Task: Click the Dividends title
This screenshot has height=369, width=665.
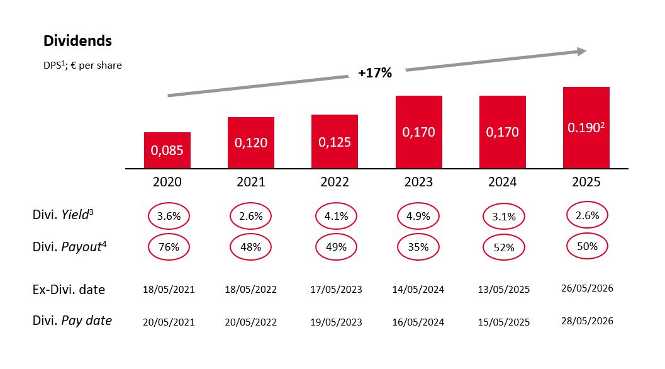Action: click(x=77, y=42)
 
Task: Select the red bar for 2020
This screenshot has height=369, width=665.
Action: click(x=167, y=150)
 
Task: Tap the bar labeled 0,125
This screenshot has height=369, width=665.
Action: click(x=335, y=142)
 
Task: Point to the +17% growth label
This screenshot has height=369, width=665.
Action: click(x=375, y=73)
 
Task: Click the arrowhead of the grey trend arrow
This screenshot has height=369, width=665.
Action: click(x=581, y=52)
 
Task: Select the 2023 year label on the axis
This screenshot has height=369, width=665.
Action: click(x=418, y=182)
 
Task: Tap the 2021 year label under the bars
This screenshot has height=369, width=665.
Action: click(x=251, y=182)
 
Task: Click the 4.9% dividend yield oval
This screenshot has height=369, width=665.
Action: click(x=418, y=216)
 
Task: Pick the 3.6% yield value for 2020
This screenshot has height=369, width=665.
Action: click(x=169, y=216)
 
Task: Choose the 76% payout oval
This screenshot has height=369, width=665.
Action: click(x=169, y=247)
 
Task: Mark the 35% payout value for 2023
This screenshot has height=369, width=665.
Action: click(x=418, y=247)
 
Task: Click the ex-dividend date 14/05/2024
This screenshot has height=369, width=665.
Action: click(x=418, y=290)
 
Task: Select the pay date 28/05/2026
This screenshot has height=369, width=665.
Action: click(x=586, y=320)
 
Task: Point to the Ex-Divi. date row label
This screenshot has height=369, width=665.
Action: click(x=69, y=290)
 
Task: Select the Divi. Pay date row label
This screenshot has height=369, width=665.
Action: click(x=72, y=321)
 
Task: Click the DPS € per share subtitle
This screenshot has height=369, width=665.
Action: click(x=82, y=65)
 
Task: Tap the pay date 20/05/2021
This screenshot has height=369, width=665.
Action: click(x=169, y=322)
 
